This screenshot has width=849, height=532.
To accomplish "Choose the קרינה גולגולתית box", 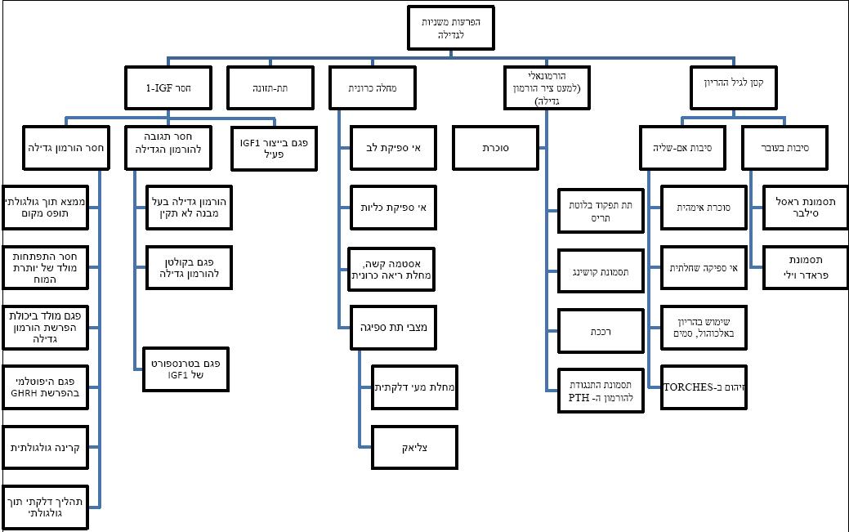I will [x=45, y=446].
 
